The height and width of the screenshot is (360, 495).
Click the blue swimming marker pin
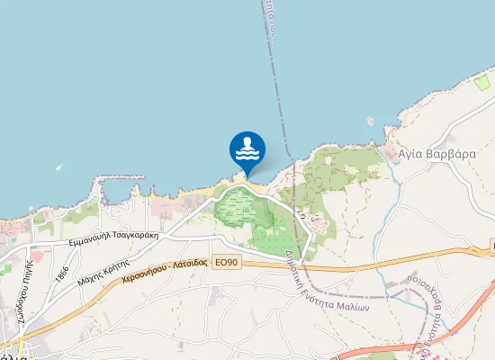pyautogui.click(x=247, y=148)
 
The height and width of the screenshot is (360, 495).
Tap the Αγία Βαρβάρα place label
pyautogui.click(x=436, y=154)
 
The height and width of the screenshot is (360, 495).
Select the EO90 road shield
pyautogui.click(x=227, y=262)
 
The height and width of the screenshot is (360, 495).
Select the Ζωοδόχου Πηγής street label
pyautogui.click(x=17, y=292)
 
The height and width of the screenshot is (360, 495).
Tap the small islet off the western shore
pyautogui.click(x=58, y=166)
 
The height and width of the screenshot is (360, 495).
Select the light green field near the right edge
pyautogui.click(x=484, y=84)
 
